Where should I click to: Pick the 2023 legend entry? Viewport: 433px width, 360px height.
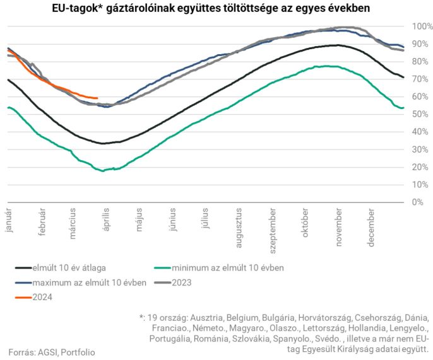[x=181, y=283]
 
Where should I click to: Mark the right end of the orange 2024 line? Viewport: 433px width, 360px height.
[x=97, y=98]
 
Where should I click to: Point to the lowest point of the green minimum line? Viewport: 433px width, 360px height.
[x=103, y=171]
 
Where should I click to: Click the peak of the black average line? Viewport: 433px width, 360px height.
[x=338, y=45]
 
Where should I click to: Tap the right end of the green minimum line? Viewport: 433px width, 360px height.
[x=403, y=108]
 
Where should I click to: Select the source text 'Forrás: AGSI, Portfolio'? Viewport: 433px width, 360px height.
[x=52, y=352]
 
